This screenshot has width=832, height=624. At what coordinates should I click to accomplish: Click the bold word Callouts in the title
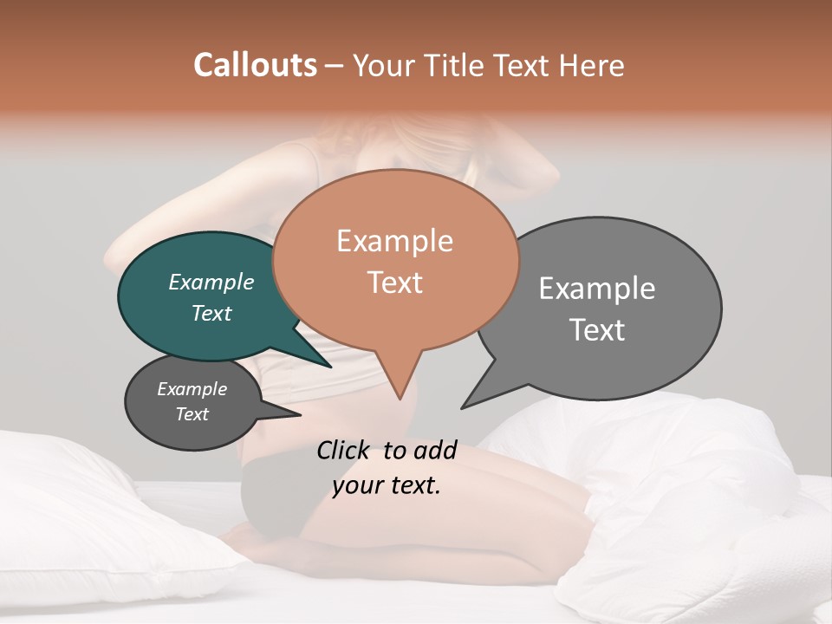(x=255, y=65)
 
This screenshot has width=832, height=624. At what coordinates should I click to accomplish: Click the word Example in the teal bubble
(x=211, y=282)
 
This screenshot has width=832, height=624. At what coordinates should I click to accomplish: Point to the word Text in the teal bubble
(x=211, y=313)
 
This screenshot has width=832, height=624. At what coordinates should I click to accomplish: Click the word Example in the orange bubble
(x=394, y=241)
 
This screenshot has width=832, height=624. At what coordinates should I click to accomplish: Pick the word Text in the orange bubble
(x=394, y=283)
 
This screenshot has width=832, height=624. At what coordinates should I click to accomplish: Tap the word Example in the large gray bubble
(x=597, y=288)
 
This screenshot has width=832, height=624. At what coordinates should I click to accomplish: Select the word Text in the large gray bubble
(x=597, y=330)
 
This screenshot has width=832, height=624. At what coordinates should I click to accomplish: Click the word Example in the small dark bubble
(x=192, y=389)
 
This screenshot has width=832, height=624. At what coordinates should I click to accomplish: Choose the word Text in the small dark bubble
(x=192, y=414)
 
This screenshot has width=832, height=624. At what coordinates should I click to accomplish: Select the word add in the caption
(x=435, y=450)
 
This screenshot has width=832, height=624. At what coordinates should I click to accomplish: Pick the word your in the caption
(x=354, y=485)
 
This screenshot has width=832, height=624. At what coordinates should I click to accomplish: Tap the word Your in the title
(x=385, y=65)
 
